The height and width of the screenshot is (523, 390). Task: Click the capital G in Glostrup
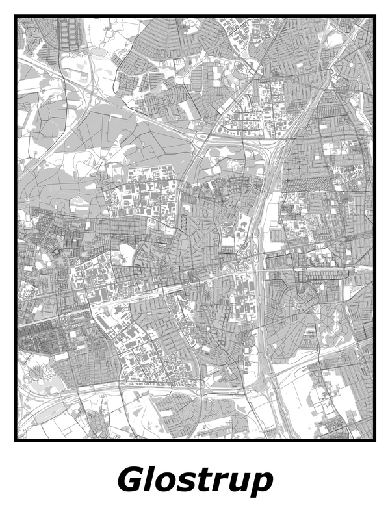pyautogui.click(x=132, y=481)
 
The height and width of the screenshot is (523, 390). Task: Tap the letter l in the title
pyautogui.click(x=151, y=480)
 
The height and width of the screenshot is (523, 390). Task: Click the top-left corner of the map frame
pyautogui.click(x=16, y=17)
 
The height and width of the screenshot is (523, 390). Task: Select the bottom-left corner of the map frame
pyautogui.click(x=16, y=440)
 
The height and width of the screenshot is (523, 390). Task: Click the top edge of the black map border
pyautogui.click(x=195, y=17)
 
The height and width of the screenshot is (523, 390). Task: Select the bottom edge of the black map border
pyautogui.click(x=195, y=440)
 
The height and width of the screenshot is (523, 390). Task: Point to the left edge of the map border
pyautogui.click(x=16, y=227)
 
